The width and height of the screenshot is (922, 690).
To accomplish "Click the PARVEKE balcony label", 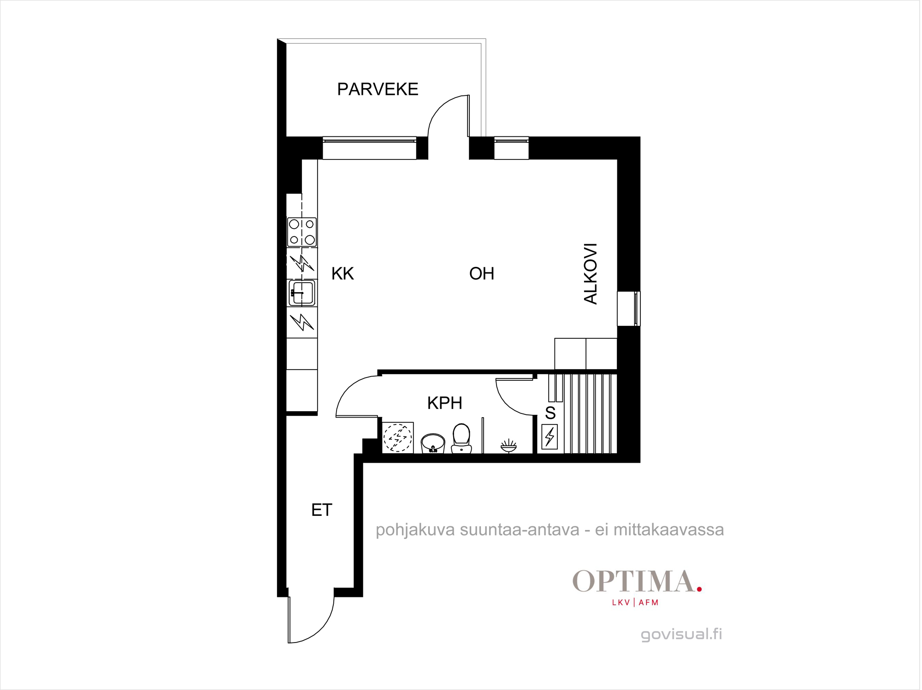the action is [x=378, y=89].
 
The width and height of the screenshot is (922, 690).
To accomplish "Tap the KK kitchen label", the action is [x=343, y=274].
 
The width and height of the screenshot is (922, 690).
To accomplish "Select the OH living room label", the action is [x=482, y=274].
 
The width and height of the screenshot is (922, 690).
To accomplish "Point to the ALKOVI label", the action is [x=591, y=274].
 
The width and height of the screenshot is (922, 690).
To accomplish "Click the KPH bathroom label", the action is [x=445, y=403].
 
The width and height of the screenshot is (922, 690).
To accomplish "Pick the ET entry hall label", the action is [x=322, y=510].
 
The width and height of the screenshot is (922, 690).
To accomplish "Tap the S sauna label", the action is [x=550, y=413].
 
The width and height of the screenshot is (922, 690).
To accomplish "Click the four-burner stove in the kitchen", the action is [x=302, y=232].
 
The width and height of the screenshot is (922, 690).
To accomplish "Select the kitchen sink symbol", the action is [x=302, y=293].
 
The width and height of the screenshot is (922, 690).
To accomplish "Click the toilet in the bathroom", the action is [x=461, y=438].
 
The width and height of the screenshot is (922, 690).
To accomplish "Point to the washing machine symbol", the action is [x=398, y=437].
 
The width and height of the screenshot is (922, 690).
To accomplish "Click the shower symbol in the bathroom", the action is [x=508, y=446].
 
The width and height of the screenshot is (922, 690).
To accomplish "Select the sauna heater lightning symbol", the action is [x=550, y=437].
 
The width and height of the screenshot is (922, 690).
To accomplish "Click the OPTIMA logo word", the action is [x=634, y=581].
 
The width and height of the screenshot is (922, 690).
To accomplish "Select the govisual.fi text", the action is [x=682, y=634].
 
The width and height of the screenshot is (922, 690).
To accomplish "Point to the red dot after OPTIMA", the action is [x=699, y=589].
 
